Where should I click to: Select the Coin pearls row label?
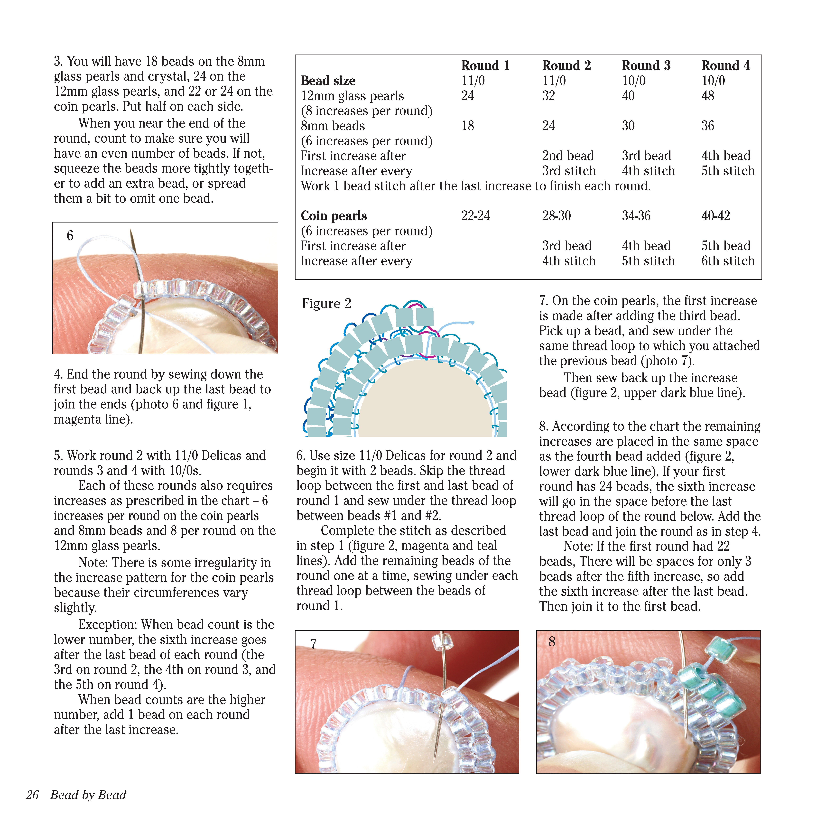coord(334,216)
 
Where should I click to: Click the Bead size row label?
coord(328,81)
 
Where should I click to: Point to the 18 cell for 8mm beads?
coord(468,126)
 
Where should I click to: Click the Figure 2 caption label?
coord(326,303)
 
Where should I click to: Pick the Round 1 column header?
coord(485,66)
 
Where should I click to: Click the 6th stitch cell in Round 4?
coord(728,261)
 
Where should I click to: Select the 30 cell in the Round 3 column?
coord(628,126)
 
